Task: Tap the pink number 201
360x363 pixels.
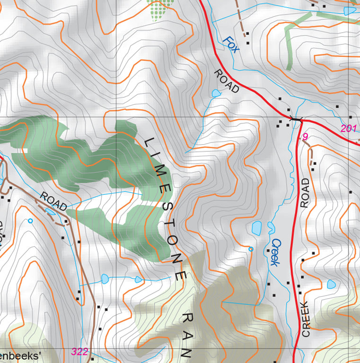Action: (348, 128)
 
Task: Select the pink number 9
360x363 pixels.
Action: (306, 137)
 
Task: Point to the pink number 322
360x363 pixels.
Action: (79, 351)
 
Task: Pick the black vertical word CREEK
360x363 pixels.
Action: (306, 319)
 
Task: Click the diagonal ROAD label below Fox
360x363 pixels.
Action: (227, 81)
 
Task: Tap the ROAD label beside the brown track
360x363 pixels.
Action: (53, 201)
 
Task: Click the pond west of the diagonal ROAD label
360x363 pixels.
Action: (216, 93)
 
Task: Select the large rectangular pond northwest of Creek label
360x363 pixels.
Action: (256, 228)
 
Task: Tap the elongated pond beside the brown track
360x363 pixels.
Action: (50, 211)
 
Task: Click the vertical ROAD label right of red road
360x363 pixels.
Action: (305, 193)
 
